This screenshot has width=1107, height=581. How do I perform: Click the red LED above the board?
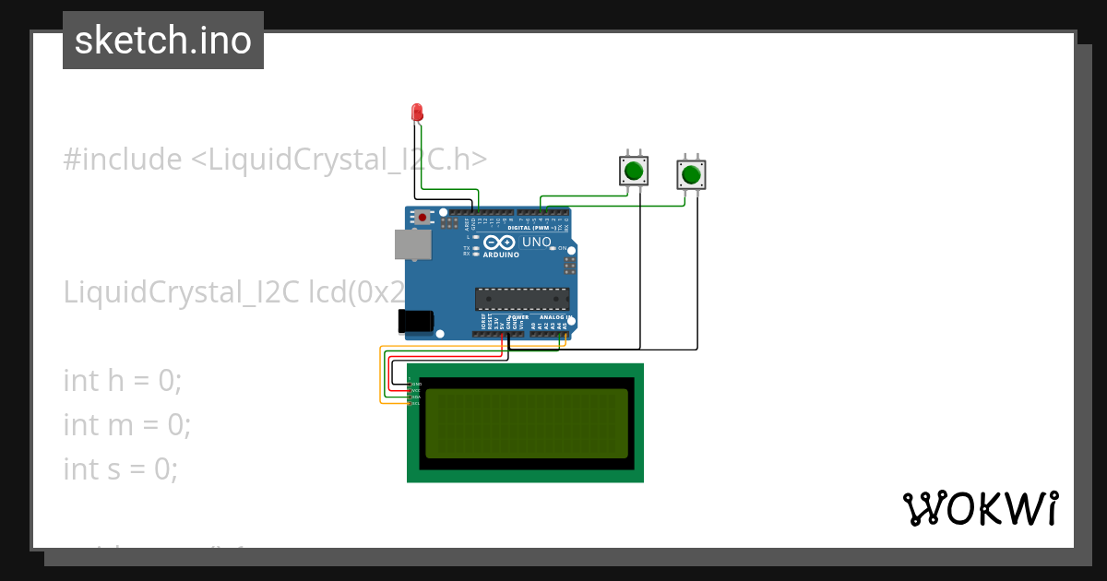pyautogui.click(x=417, y=113)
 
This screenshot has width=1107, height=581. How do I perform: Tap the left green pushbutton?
pyautogui.click(x=633, y=171)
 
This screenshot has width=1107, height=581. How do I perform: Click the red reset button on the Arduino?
pyautogui.click(x=423, y=218)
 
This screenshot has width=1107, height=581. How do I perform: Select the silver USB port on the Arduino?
pyautogui.click(x=411, y=244)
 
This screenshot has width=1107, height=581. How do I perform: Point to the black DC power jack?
pyautogui.click(x=415, y=320)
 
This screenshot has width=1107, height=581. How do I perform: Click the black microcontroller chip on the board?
pyautogui.click(x=521, y=298)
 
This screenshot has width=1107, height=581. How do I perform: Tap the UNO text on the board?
pyautogui.click(x=537, y=243)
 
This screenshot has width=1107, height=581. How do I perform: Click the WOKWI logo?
pyautogui.click(x=980, y=508)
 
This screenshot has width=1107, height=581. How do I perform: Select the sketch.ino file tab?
pyautogui.click(x=163, y=41)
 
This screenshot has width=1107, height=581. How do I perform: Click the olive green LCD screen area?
pyautogui.click(x=526, y=423)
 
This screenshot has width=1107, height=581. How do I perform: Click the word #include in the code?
pyautogui.click(x=123, y=160)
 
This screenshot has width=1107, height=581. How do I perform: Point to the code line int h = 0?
pyautogui.click(x=123, y=380)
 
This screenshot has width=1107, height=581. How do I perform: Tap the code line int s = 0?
pyautogui.click(x=120, y=468)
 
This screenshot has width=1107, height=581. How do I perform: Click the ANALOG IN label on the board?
pyautogui.click(x=554, y=317)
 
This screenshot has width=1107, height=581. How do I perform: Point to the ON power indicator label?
pyautogui.click(x=563, y=248)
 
